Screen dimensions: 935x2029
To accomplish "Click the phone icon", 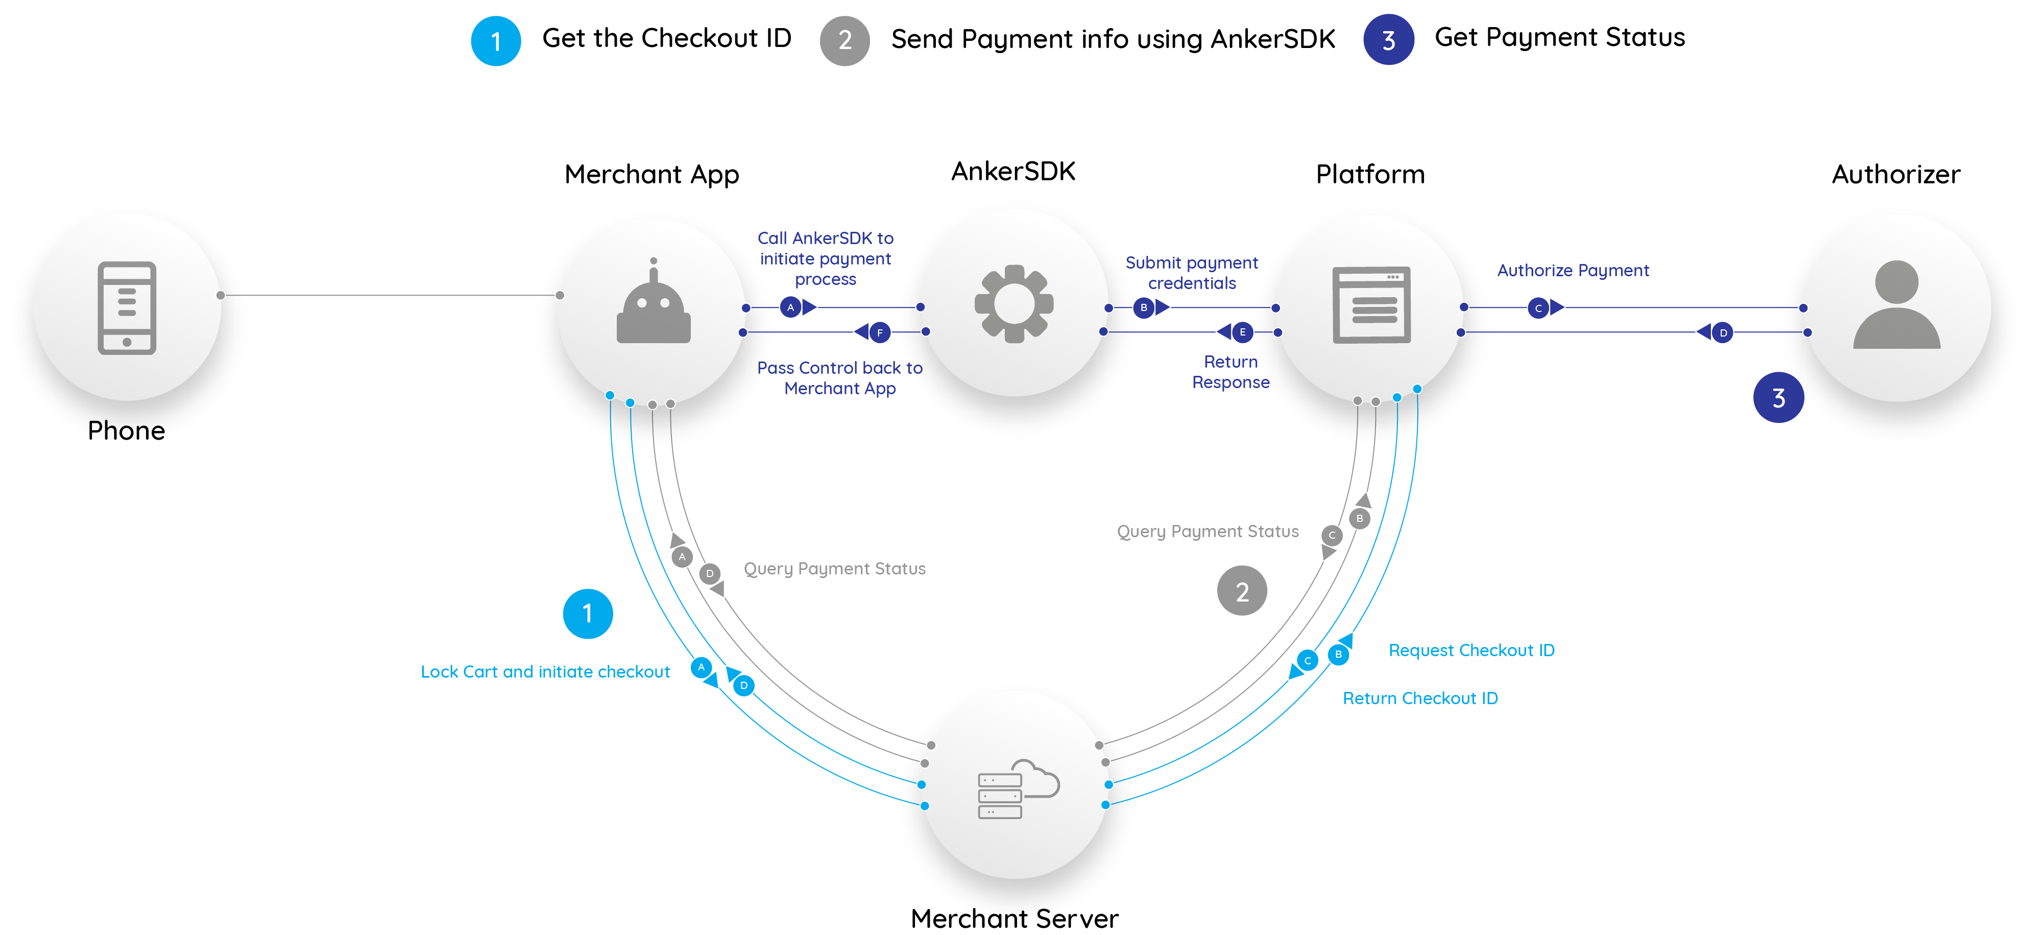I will point(127,308).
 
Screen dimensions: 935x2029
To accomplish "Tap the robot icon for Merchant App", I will point(653,306).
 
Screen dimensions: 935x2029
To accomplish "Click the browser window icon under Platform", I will point(1371,305).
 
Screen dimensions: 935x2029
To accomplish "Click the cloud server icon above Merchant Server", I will point(1017,789).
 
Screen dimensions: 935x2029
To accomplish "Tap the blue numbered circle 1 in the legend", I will point(495,41).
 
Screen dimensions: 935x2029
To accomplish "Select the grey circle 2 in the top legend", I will point(844,41).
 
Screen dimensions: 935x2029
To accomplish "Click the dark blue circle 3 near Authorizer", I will point(1778,398).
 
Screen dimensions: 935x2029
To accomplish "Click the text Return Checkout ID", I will point(1419,698).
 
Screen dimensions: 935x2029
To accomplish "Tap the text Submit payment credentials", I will point(1191,273).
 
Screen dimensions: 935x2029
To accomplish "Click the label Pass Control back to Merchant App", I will point(840,378).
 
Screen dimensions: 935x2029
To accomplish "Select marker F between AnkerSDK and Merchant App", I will point(880,332).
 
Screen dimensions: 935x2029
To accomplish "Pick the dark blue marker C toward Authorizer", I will point(1537,308).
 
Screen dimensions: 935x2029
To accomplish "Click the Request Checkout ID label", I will point(1470,651).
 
